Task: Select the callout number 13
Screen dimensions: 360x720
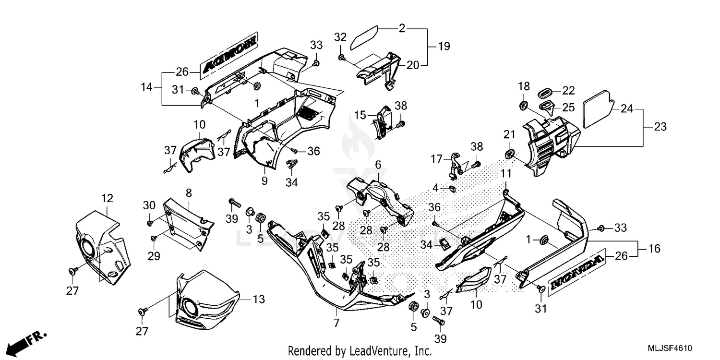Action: coord(259,300)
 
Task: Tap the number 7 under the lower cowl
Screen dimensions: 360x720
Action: coord(336,323)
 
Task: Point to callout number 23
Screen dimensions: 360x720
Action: coord(660,127)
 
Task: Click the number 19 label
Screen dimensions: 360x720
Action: coord(444,47)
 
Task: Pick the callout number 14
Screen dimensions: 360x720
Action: coord(146,87)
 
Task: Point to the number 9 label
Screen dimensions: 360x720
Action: coord(264,181)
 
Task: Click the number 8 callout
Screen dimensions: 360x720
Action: coord(189,193)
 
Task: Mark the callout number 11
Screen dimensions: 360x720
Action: coord(506,173)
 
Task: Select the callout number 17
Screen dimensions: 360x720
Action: coord(436,157)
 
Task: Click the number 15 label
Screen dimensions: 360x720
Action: coord(360,115)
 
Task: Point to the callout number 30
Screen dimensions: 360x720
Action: coord(149,205)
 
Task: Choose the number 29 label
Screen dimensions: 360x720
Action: coord(153,256)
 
